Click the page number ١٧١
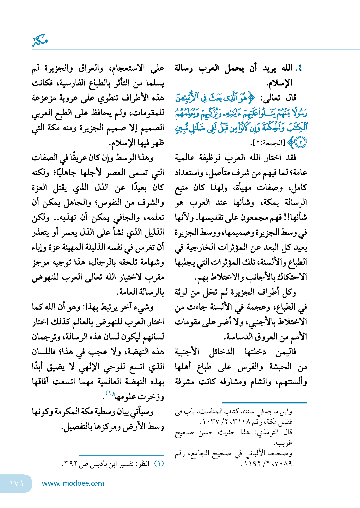17,483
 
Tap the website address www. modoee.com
73,483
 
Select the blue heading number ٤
298,68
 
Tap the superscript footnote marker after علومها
110,393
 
